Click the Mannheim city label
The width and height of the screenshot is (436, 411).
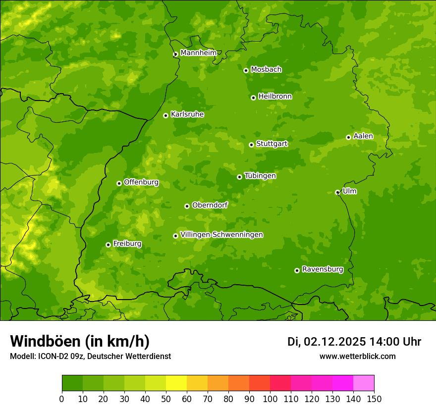[x=198, y=53]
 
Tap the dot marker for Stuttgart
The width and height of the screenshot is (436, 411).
[x=251, y=145]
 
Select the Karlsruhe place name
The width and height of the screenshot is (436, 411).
[x=187, y=114]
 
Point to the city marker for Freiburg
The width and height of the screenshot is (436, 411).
[x=108, y=245]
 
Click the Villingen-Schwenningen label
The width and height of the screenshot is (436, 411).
[x=221, y=235]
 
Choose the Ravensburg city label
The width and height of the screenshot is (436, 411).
[x=323, y=269]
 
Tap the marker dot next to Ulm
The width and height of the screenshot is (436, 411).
[x=337, y=192]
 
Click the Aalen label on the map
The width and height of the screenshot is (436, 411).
[x=363, y=136]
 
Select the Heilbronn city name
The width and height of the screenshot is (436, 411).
[x=275, y=97]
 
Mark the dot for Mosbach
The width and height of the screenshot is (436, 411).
[x=246, y=70]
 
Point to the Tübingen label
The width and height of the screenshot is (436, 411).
[x=260, y=176]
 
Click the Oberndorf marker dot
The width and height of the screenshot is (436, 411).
[x=187, y=206]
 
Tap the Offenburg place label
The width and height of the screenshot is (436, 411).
[x=141, y=182]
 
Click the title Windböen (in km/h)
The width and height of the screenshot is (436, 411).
[x=80, y=341]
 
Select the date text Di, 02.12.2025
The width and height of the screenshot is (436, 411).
[x=327, y=342]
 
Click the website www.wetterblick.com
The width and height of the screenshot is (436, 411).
[x=357, y=356]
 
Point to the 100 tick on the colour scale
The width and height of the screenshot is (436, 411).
[x=270, y=399]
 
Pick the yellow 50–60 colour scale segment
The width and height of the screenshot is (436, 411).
[x=176, y=383]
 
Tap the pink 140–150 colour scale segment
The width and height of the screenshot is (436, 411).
[x=364, y=383]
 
